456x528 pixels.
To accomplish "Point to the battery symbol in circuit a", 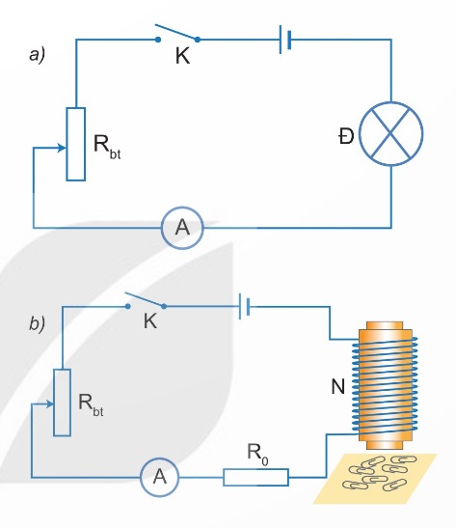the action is point(285,40).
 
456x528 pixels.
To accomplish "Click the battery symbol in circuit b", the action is point(244,306).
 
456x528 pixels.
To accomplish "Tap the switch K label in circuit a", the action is point(182,56).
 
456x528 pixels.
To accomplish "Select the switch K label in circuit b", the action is point(150,320).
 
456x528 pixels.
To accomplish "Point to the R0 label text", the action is point(257,454).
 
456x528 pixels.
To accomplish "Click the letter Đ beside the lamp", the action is point(346,136).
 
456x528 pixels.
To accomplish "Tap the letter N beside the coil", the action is point(338,386).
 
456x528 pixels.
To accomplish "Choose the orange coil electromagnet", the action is point(385,385).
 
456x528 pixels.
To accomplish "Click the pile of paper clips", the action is point(379,472).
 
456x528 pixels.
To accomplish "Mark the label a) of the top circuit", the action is point(37,55).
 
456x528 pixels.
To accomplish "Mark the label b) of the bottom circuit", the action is point(37,323).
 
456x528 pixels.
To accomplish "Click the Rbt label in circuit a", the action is point(107,147).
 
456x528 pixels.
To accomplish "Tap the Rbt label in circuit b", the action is point(91,404).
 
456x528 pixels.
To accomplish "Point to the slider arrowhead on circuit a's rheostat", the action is point(63,148).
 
